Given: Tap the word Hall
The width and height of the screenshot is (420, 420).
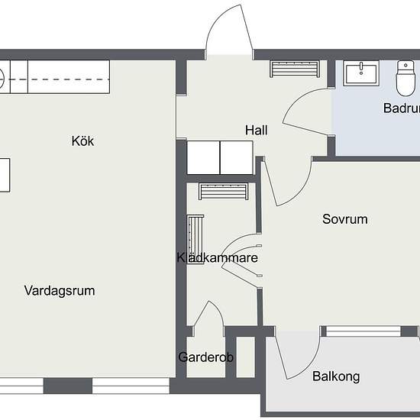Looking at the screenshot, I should [x=256, y=131].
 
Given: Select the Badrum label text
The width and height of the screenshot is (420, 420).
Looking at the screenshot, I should [x=401, y=108].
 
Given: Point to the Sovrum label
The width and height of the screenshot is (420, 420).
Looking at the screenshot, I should [x=344, y=219].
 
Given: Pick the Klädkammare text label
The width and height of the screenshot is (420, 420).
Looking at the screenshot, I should [x=217, y=258].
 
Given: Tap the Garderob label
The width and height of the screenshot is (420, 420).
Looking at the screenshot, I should [x=205, y=357].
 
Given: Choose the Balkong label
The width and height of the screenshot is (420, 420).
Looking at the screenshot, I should [x=336, y=376].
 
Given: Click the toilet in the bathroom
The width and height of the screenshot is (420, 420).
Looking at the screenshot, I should [x=404, y=76].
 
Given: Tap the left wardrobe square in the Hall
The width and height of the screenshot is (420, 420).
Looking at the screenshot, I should [x=204, y=158].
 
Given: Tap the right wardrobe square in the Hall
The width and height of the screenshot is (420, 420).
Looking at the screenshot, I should [x=237, y=158].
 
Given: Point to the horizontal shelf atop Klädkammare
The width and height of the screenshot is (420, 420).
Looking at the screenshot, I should [x=225, y=191].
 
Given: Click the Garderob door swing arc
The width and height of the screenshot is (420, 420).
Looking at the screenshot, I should [x=208, y=315].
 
